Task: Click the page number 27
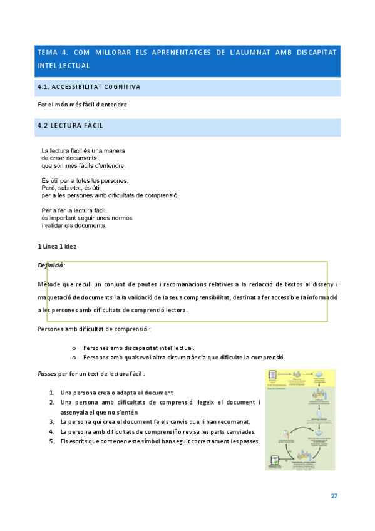click(334, 496)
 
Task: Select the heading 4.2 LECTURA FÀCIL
click(69, 126)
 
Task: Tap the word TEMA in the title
click(48, 53)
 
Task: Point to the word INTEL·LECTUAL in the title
click(64, 65)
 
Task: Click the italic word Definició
click(51, 265)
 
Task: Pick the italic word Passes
click(48, 374)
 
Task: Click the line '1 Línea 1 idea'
click(58, 245)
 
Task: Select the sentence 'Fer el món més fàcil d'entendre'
click(82, 105)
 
